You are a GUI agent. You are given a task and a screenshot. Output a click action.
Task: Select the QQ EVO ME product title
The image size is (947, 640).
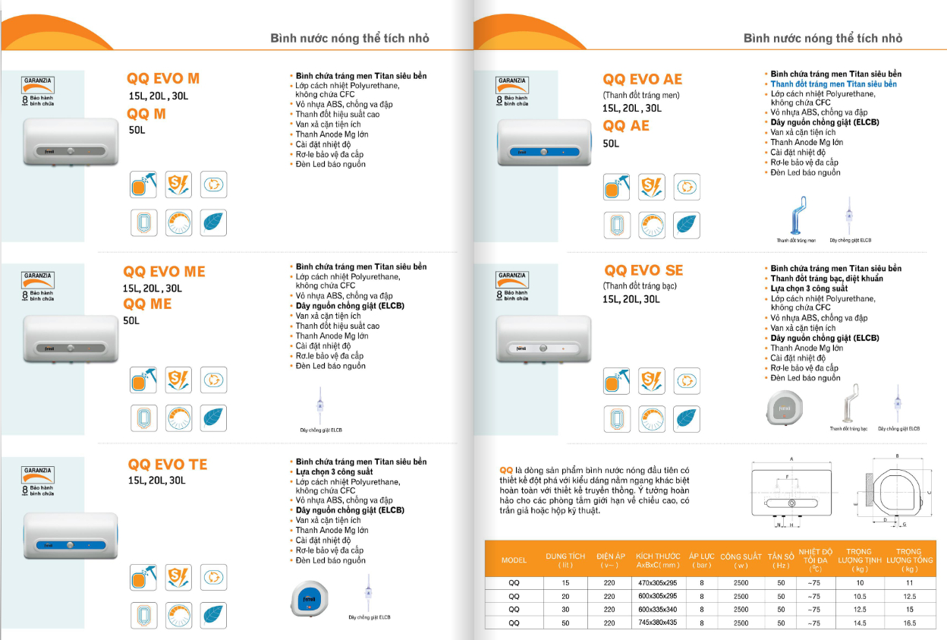coord(164,272)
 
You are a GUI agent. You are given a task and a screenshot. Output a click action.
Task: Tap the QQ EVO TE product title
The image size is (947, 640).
coord(167,465)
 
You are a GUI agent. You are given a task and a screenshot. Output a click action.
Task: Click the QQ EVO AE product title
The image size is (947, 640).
coord(642,80)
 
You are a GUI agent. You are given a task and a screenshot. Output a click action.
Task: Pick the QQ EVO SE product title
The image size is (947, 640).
coord(643,270)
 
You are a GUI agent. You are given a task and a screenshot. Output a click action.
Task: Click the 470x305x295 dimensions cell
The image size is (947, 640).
coord(657,583)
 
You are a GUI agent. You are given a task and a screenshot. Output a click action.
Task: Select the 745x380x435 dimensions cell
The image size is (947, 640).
coord(657,623)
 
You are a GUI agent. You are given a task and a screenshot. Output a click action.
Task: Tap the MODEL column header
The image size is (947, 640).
coord(514,560)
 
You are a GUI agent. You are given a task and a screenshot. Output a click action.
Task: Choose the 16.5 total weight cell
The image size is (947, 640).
coord(910,623)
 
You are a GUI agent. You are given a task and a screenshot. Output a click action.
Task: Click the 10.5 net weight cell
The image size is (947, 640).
coord(860,597)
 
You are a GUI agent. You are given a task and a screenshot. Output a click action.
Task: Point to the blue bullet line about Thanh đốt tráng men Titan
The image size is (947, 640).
coord(833,84)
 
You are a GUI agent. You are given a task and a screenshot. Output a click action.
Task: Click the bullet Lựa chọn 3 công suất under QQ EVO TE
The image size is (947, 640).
coord(334,471)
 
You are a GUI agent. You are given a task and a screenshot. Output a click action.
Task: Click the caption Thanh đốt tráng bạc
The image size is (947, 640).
coord(848,429)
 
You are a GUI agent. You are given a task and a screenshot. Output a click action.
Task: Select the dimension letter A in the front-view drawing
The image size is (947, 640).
coord(791,459)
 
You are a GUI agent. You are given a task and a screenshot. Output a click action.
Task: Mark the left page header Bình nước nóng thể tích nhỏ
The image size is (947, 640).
coord(350,38)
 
